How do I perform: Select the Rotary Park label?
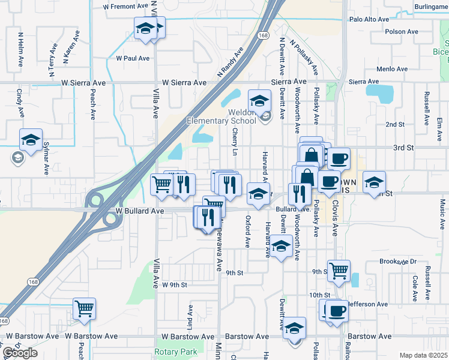175,352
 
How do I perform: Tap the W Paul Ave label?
133,58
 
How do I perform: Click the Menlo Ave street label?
393,69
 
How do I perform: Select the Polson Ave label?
402,32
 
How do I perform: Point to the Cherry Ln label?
235,140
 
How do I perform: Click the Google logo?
19,353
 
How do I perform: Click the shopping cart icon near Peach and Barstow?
84,309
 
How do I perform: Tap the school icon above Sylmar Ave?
31,140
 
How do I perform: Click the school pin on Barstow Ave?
294,328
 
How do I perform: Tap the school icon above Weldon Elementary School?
259,101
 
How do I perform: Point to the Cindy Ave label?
20,103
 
